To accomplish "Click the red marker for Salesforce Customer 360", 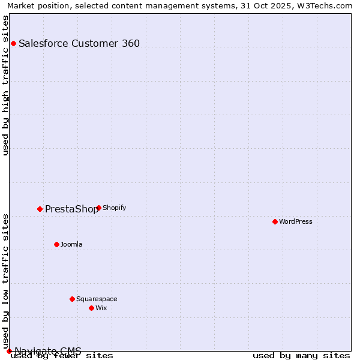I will (x=13, y=43).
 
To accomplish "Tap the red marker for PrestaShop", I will (x=40, y=209).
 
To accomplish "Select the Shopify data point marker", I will (x=98, y=208).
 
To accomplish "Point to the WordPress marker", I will (x=275, y=221).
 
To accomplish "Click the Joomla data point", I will (x=57, y=244).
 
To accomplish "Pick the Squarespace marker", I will (x=72, y=299).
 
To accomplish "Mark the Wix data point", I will (x=91, y=308).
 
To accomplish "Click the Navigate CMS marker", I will (x=9, y=351).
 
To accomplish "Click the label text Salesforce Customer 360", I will (x=79, y=43).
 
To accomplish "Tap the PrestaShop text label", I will (x=71, y=209).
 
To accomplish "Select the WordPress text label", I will (x=296, y=221).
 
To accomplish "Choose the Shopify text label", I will (x=115, y=208).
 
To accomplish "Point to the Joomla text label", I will (x=71, y=244).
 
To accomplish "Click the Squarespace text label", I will (x=97, y=299).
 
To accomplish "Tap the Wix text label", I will (x=101, y=308).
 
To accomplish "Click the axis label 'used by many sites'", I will (x=301, y=356).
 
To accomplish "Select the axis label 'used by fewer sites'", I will (x=62, y=356).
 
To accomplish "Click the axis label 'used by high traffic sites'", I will (x=5, y=85).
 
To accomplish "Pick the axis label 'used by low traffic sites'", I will (x=5, y=281).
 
